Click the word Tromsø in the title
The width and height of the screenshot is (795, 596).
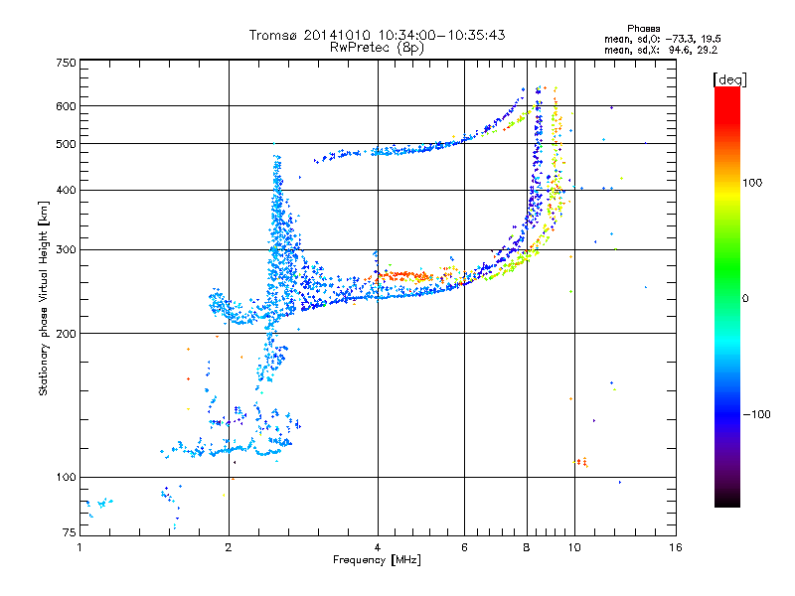(x=271, y=35)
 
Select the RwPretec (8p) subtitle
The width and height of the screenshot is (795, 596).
(x=377, y=47)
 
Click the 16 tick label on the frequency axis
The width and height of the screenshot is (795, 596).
(x=675, y=547)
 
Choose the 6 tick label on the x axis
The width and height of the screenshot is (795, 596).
(x=464, y=547)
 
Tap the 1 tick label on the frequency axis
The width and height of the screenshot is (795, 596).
(x=80, y=547)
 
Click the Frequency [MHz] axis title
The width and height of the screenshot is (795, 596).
(x=377, y=560)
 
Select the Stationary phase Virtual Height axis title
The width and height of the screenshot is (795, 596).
(x=44, y=298)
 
